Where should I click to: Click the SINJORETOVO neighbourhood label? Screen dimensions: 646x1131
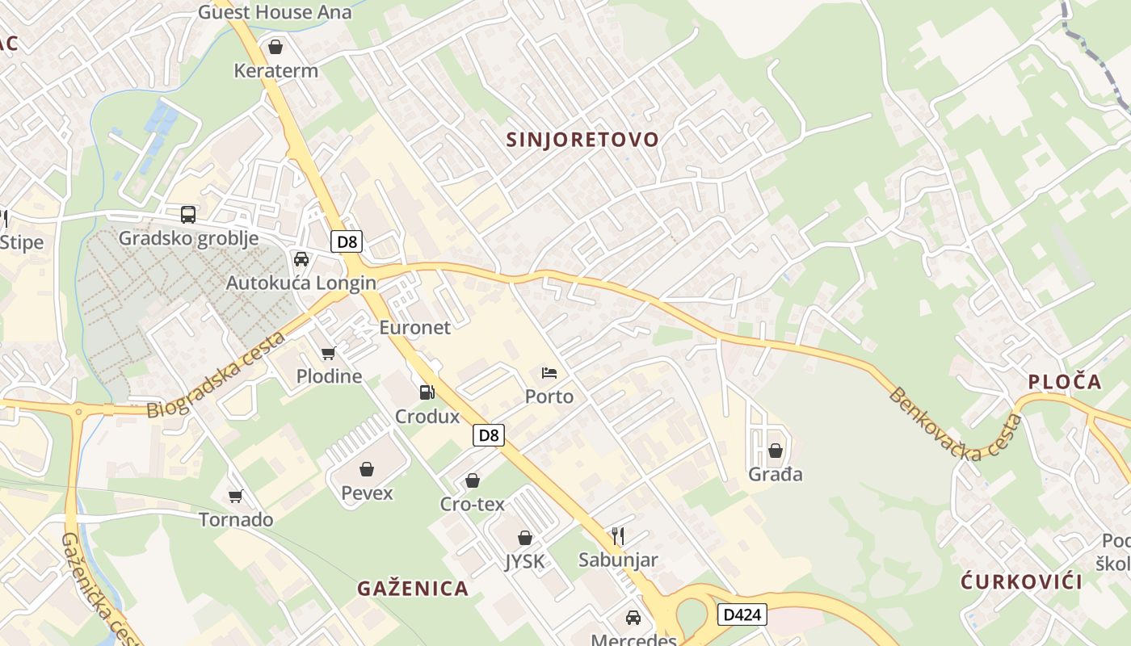point(582,140)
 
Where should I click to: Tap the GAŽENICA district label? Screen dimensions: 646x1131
point(413,589)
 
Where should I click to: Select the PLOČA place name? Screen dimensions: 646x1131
point(1065,382)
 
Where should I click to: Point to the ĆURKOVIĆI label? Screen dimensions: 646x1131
point(1021,581)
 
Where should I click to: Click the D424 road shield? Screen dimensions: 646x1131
point(741,615)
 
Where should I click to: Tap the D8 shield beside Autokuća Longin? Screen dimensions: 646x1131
point(347,241)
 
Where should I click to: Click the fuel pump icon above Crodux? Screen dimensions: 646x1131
point(427,392)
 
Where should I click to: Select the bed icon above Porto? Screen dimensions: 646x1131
point(549,372)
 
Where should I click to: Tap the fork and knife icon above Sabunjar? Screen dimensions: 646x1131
point(618,535)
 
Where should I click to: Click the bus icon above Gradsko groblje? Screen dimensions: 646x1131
point(188,214)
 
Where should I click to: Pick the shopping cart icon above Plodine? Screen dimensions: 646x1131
point(328,353)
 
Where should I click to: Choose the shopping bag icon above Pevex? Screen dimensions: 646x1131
point(367,469)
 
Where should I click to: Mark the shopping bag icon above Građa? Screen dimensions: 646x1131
point(776,451)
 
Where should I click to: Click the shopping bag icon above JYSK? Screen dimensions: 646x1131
point(525,538)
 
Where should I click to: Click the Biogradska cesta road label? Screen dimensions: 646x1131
point(217,374)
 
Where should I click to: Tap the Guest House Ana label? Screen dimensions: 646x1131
point(275,12)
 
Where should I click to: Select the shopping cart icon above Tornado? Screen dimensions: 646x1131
point(236,496)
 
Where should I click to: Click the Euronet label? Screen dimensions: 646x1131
point(414,327)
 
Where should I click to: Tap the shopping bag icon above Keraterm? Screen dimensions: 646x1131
point(275,47)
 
